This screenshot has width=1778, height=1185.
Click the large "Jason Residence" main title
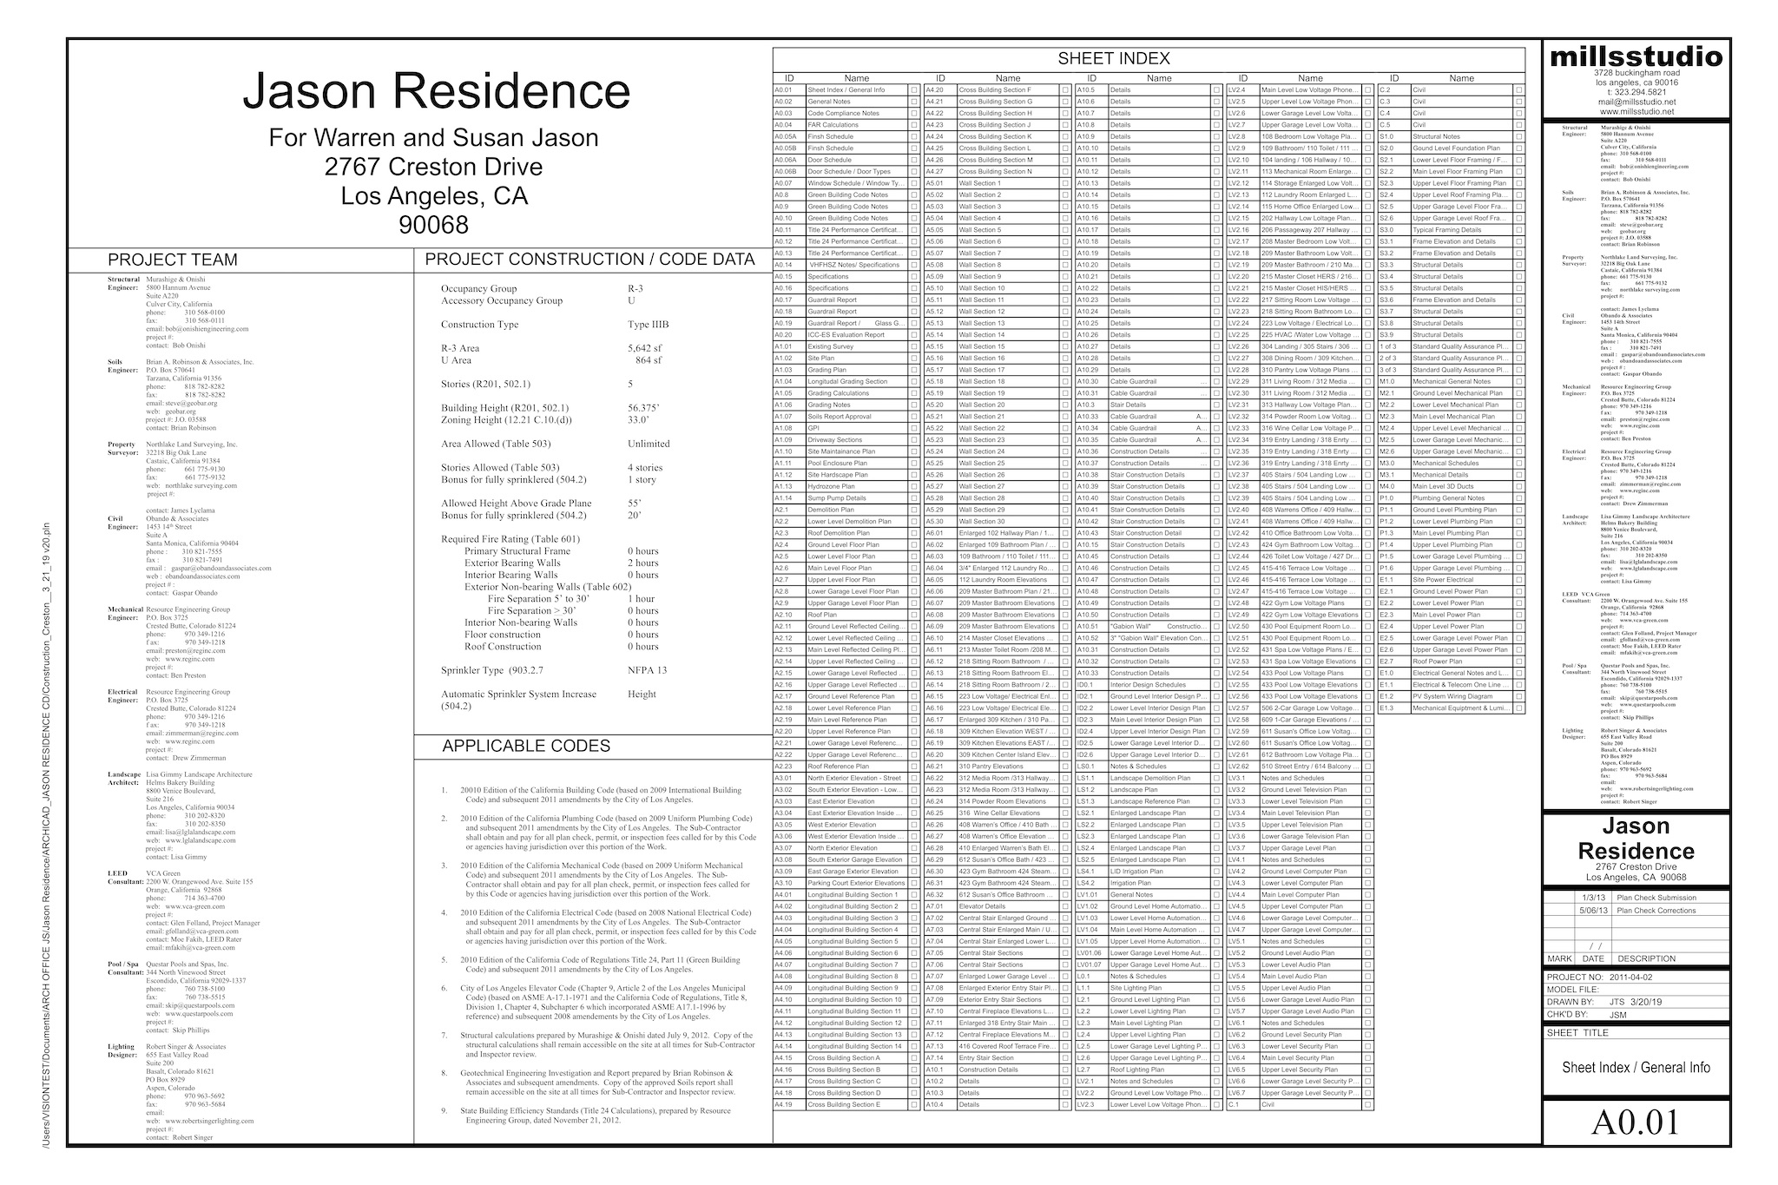tap(436, 92)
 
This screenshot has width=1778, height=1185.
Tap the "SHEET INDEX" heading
tap(1114, 59)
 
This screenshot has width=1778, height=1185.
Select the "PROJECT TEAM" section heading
tap(172, 260)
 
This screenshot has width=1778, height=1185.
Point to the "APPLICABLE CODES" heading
tap(526, 746)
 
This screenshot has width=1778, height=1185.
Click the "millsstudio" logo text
tap(1636, 57)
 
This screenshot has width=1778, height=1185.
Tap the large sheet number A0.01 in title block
tap(1636, 1122)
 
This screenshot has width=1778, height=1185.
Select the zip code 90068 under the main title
tap(433, 225)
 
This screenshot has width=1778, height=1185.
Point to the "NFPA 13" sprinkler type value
tap(648, 670)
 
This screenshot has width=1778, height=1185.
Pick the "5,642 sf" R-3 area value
tap(645, 348)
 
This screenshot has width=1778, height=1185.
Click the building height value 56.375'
tap(644, 408)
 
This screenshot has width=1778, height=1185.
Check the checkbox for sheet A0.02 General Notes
tap(914, 102)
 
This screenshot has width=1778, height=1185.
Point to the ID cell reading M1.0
tap(1387, 381)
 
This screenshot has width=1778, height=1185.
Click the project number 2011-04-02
tap(1630, 977)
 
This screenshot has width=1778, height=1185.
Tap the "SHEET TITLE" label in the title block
tap(1577, 1033)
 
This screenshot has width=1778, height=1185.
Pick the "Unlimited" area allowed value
tap(649, 444)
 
